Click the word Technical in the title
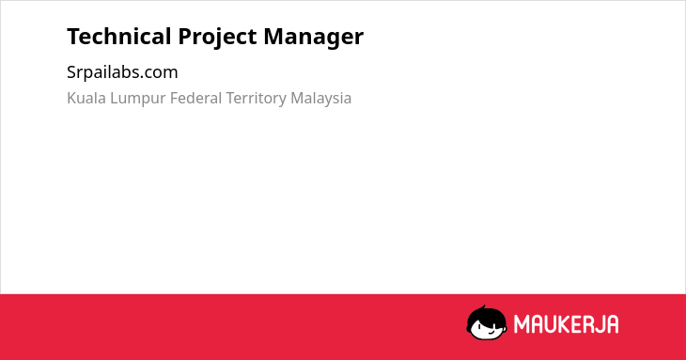(x=119, y=37)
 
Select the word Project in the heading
(x=217, y=38)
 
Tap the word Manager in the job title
(x=313, y=38)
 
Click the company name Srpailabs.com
(x=122, y=72)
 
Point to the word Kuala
(x=86, y=98)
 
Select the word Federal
(x=196, y=98)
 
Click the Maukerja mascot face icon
(x=487, y=322)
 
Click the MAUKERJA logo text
(x=566, y=324)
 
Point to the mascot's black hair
(x=486, y=315)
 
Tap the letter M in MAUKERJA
(x=521, y=324)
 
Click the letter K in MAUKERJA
(x=563, y=324)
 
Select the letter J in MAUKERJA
(x=599, y=324)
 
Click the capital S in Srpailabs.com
(x=71, y=72)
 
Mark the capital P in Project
(x=184, y=37)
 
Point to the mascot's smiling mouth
(x=491, y=333)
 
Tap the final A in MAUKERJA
(x=613, y=324)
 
